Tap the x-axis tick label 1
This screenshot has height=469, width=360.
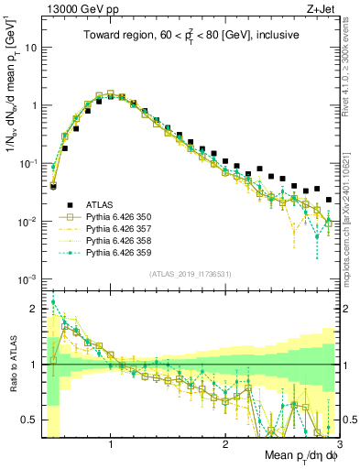[x=111, y=444]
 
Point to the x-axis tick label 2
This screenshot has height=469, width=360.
[x=224, y=444]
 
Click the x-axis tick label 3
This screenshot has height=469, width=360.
[x=338, y=444]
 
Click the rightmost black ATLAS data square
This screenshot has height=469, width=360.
[x=329, y=199]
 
